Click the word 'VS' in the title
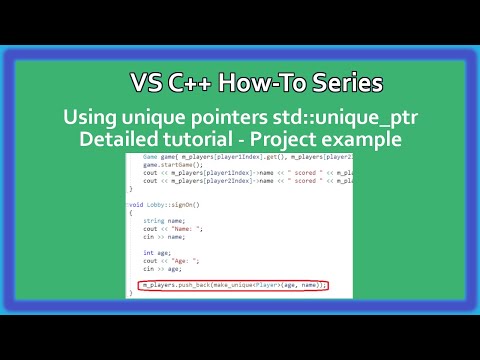[147, 83]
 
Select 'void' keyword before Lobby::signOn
[137, 203]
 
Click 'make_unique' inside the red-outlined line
[236, 286]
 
